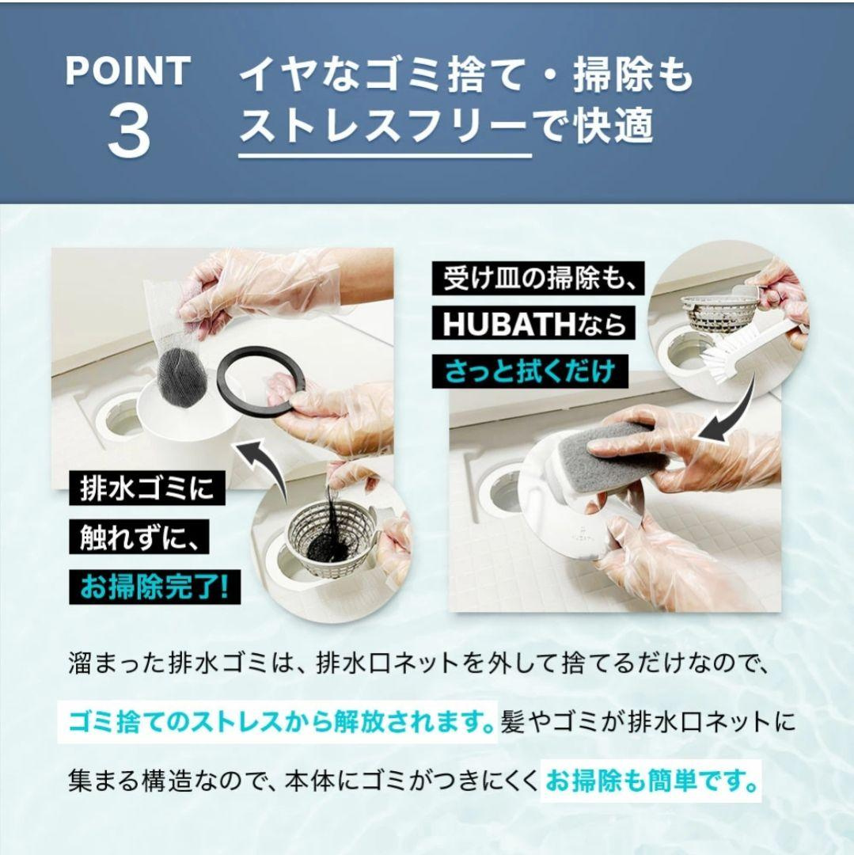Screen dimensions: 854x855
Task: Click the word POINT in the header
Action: coord(127,71)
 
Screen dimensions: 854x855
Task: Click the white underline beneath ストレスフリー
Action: coord(385,156)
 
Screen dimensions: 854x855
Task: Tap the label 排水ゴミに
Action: coord(146,488)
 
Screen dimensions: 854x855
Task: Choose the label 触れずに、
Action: coord(139,538)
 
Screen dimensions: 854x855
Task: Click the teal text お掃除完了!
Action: coord(154,587)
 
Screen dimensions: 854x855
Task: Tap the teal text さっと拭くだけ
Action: coord(529,370)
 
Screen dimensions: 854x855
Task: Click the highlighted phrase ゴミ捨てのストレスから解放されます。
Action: coord(278,723)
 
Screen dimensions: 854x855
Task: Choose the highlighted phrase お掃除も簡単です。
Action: coord(651,781)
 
